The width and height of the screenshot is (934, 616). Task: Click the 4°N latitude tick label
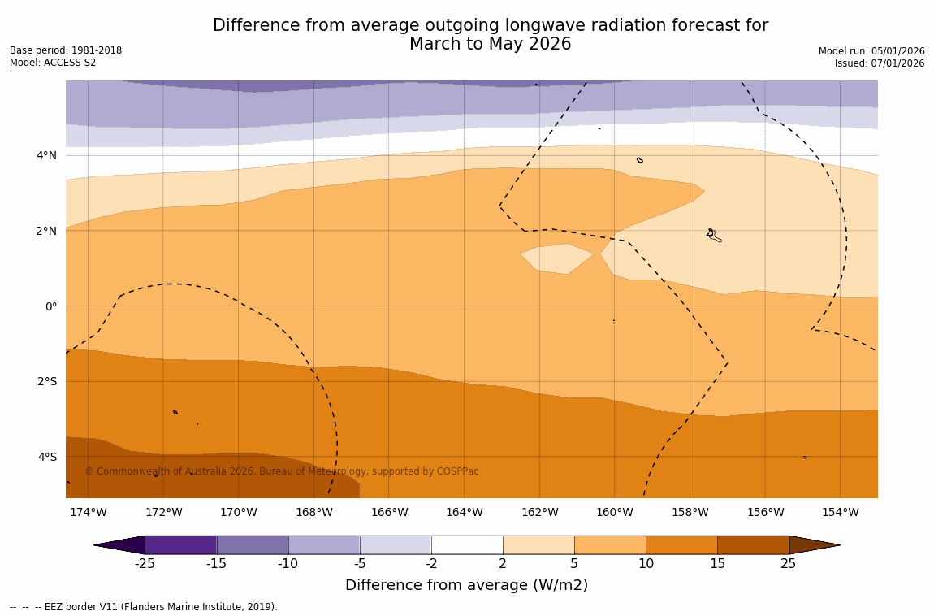[x=46, y=156]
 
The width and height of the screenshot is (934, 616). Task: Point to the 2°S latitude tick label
[x=46, y=382]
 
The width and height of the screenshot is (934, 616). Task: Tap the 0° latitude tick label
[x=50, y=306]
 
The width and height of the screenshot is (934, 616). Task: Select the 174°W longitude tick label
[x=88, y=512]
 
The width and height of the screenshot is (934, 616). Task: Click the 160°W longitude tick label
[x=614, y=512]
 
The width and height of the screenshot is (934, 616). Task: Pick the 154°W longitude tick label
[x=840, y=512]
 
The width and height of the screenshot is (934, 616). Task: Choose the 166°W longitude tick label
[x=389, y=512]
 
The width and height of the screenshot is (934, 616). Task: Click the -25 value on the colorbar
[x=145, y=564]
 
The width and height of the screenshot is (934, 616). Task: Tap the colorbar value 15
[x=717, y=564]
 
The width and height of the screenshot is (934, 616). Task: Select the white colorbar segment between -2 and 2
[x=467, y=545]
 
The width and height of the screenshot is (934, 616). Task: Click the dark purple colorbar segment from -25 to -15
[x=180, y=545]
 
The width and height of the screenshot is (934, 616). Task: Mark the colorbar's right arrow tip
[x=839, y=545]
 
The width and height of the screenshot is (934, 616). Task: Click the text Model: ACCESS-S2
[x=53, y=63]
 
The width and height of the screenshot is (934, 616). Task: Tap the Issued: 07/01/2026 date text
[x=880, y=63]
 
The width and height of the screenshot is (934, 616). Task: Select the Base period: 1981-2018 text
[x=66, y=50]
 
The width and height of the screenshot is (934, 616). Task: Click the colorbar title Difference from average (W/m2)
[x=466, y=585]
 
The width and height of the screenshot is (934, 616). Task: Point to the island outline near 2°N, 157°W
[x=712, y=235]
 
